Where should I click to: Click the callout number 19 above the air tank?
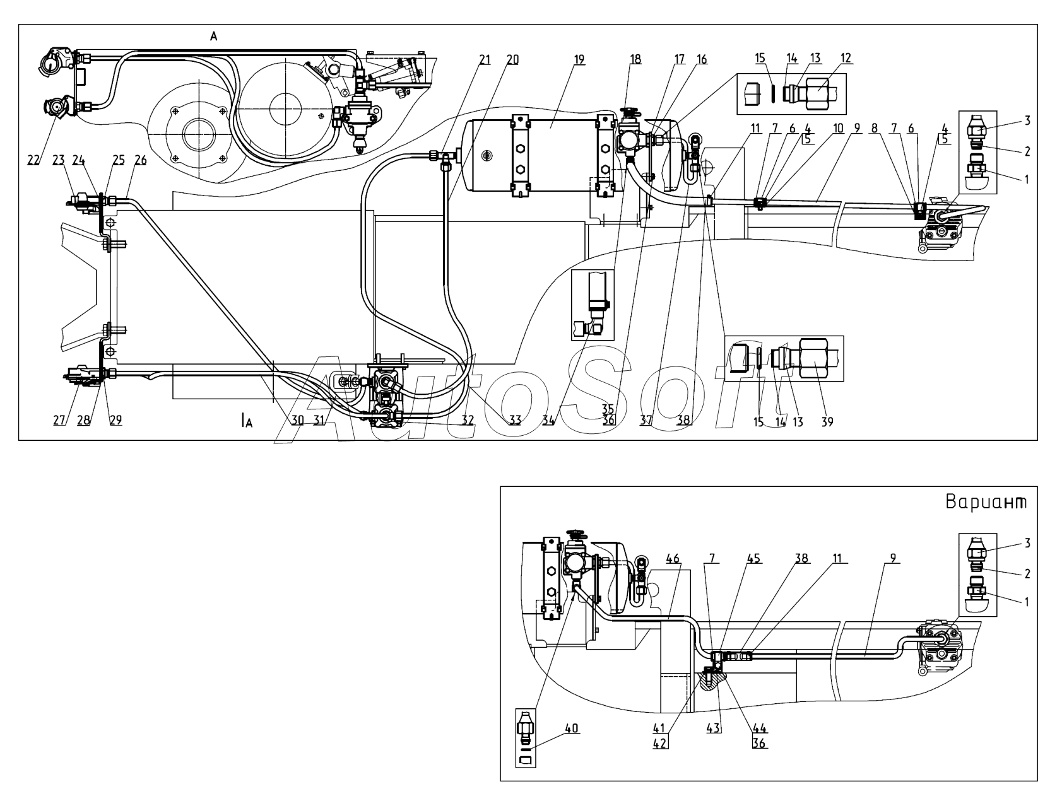579,59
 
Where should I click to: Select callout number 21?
485,59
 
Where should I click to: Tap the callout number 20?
512,59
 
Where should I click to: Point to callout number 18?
635,59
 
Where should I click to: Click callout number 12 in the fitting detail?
846,58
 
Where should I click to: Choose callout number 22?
33,160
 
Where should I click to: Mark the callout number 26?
140,160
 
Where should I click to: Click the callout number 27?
59,421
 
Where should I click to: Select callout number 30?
298,421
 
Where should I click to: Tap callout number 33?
516,421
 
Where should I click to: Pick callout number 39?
827,422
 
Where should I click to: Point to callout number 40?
570,728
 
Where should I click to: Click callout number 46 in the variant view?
673,558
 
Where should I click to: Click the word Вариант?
986,503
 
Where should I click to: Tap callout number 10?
838,127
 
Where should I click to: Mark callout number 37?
646,421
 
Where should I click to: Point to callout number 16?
702,59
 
